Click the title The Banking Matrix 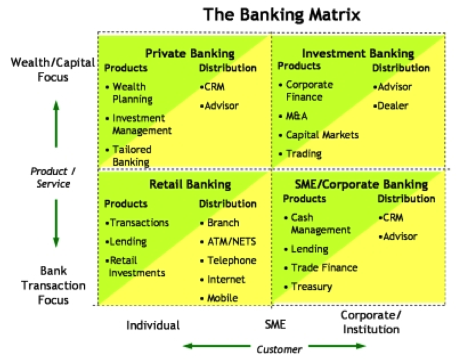point(282,14)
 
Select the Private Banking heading point(190,54)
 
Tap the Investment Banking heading point(358,54)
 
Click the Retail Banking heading point(190,184)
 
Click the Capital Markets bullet point(322,135)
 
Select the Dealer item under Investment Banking point(393,106)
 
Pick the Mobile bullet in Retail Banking point(222,298)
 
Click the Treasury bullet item point(311,286)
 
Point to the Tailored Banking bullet point(131,155)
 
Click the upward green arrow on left point(56,125)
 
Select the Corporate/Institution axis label point(371,322)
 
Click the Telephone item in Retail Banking point(232,260)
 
